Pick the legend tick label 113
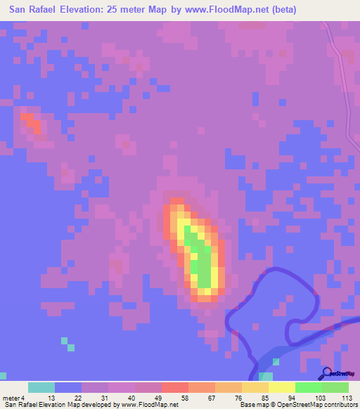point(347,397)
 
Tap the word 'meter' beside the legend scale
point(11,397)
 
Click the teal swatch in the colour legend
point(41,387)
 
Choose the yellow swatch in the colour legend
point(281,387)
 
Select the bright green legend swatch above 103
point(308,387)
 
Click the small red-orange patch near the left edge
point(31,124)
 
